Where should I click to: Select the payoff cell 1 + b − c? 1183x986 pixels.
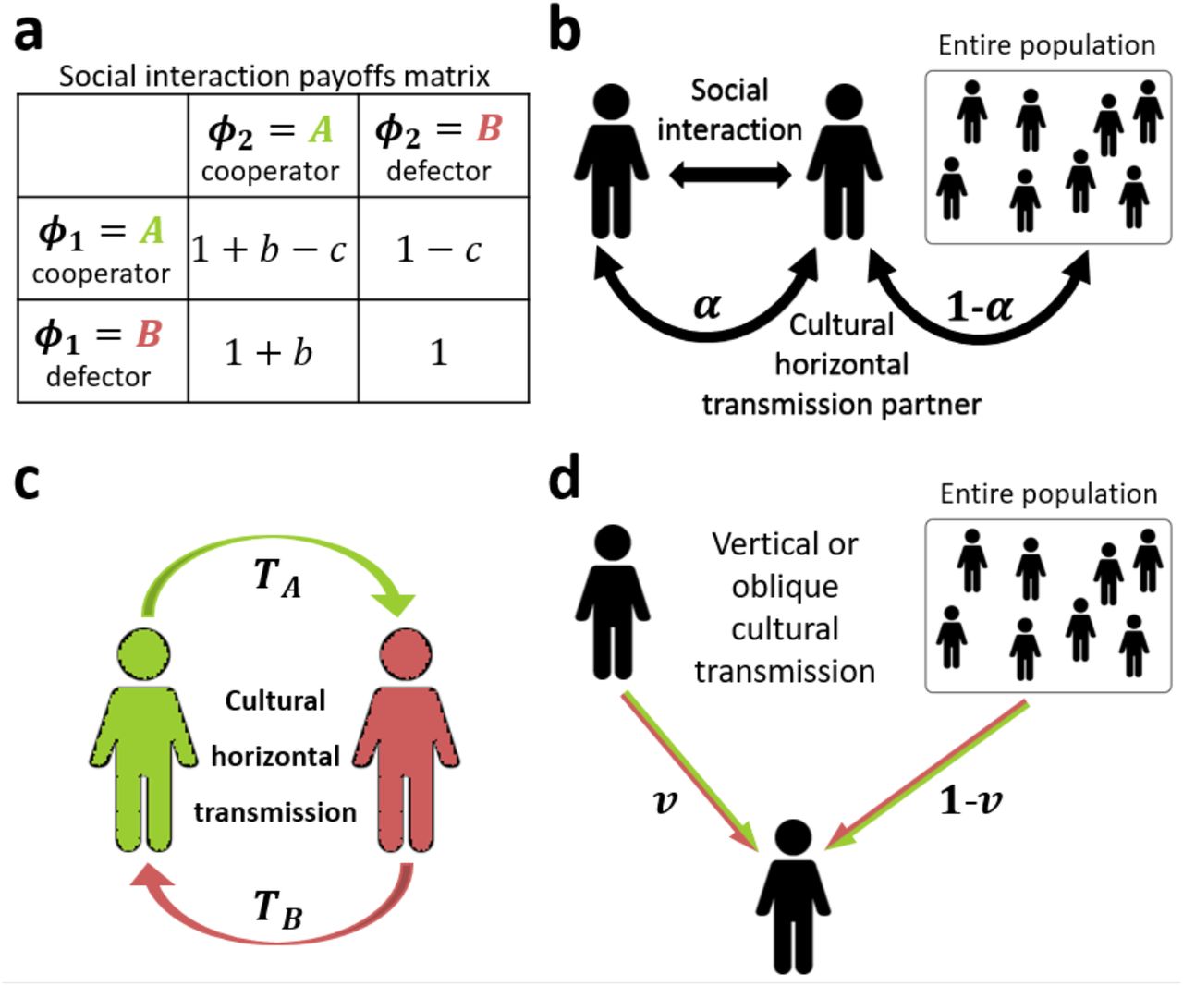click(269, 250)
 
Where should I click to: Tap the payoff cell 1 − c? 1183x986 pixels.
click(439, 250)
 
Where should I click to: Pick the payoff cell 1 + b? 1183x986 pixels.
click(269, 352)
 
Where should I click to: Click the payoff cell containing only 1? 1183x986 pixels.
click(439, 352)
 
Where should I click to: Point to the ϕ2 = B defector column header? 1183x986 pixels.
click(439, 145)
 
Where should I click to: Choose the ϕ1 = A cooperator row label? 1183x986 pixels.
click(102, 248)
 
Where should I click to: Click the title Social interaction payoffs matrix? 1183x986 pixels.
click(274, 76)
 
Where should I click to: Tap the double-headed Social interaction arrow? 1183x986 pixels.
click(729, 175)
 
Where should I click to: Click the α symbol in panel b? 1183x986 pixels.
click(707, 305)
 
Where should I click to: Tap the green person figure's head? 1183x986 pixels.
click(143, 654)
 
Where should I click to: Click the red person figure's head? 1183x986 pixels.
click(407, 654)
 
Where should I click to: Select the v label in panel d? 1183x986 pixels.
click(665, 800)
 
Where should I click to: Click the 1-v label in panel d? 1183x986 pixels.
click(971, 800)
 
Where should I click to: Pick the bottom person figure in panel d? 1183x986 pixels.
click(793, 896)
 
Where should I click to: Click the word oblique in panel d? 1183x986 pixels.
click(785, 586)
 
